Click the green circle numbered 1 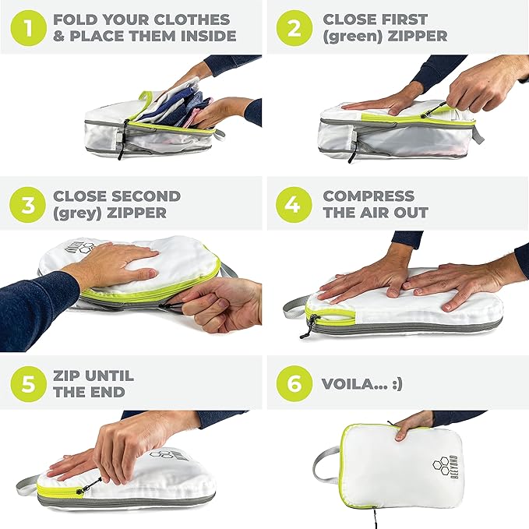click(x=28, y=28)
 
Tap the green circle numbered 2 click(x=294, y=28)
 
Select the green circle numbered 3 click(x=28, y=205)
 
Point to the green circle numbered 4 click(x=294, y=205)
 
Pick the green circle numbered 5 click(x=28, y=383)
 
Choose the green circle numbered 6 click(x=294, y=383)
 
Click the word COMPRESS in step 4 click(x=369, y=196)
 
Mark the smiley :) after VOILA click(x=397, y=384)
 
